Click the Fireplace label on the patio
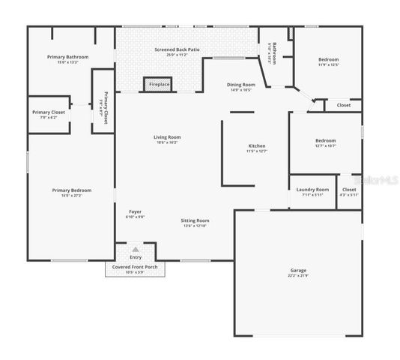pyautogui.click(x=159, y=85)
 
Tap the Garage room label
pyautogui.click(x=298, y=270)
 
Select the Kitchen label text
pyautogui.click(x=257, y=145)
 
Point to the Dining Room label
pyautogui.click(x=241, y=85)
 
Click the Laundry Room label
pyautogui.click(x=312, y=190)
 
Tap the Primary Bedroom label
pyautogui.click(x=71, y=190)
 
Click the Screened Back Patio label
pyautogui.click(x=177, y=49)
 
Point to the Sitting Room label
pyautogui.click(x=195, y=220)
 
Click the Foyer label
pyautogui.click(x=135, y=211)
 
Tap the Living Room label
pyautogui.click(x=167, y=137)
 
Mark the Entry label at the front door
pyautogui.click(x=135, y=257)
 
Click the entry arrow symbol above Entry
pyautogui.click(x=135, y=249)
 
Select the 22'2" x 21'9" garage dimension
pyautogui.click(x=298, y=275)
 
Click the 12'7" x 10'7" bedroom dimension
pyautogui.click(x=325, y=145)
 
